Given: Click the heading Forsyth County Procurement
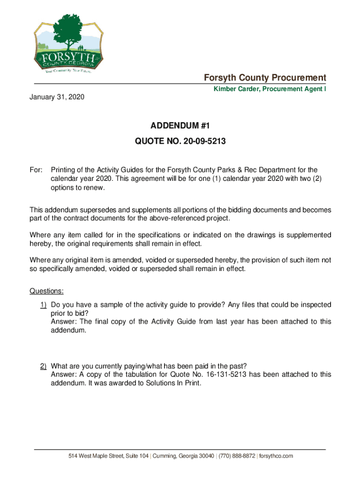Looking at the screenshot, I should [x=264, y=78].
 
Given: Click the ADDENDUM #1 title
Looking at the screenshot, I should [x=180, y=126].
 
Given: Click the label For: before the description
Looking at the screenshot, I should [x=37, y=170].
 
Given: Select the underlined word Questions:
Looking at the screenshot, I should [x=47, y=291].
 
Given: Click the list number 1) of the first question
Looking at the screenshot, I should [x=43, y=305].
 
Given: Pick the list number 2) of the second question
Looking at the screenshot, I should [x=43, y=366].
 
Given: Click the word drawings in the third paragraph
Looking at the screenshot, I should [x=252, y=235].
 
